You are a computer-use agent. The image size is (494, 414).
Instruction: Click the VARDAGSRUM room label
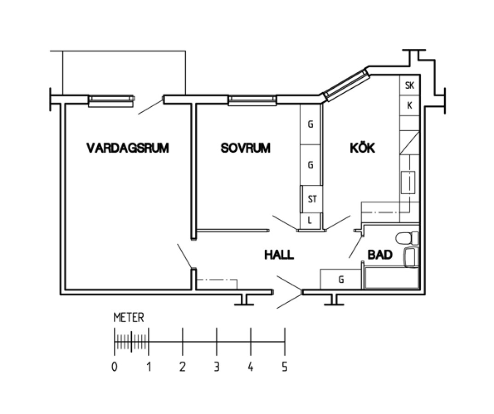(x=128, y=148)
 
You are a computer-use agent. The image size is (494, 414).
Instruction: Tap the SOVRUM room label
(x=245, y=148)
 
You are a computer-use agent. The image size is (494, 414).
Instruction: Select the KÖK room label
(x=363, y=148)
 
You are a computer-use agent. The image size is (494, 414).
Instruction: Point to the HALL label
(x=279, y=254)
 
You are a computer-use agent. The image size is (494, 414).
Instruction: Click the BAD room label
(x=380, y=254)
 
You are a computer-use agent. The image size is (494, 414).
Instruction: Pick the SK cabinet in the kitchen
(x=409, y=86)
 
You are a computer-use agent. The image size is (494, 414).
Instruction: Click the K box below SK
(x=409, y=106)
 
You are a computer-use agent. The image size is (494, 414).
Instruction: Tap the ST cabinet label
(x=312, y=200)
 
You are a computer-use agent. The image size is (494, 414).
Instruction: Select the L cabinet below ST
(x=310, y=220)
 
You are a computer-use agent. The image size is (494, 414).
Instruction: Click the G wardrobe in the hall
(x=341, y=279)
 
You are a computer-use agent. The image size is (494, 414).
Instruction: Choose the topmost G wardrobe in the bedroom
(x=310, y=124)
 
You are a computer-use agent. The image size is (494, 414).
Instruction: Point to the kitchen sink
(x=408, y=182)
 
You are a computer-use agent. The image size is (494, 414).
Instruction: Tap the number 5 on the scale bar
(x=285, y=367)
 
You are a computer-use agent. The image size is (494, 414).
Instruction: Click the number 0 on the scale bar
(x=114, y=367)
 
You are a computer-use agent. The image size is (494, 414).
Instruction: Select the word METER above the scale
(x=128, y=317)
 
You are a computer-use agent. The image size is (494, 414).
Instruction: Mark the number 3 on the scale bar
(x=216, y=367)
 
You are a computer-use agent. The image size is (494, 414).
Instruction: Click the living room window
(x=111, y=101)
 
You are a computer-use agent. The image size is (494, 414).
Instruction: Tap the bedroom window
(x=252, y=100)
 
